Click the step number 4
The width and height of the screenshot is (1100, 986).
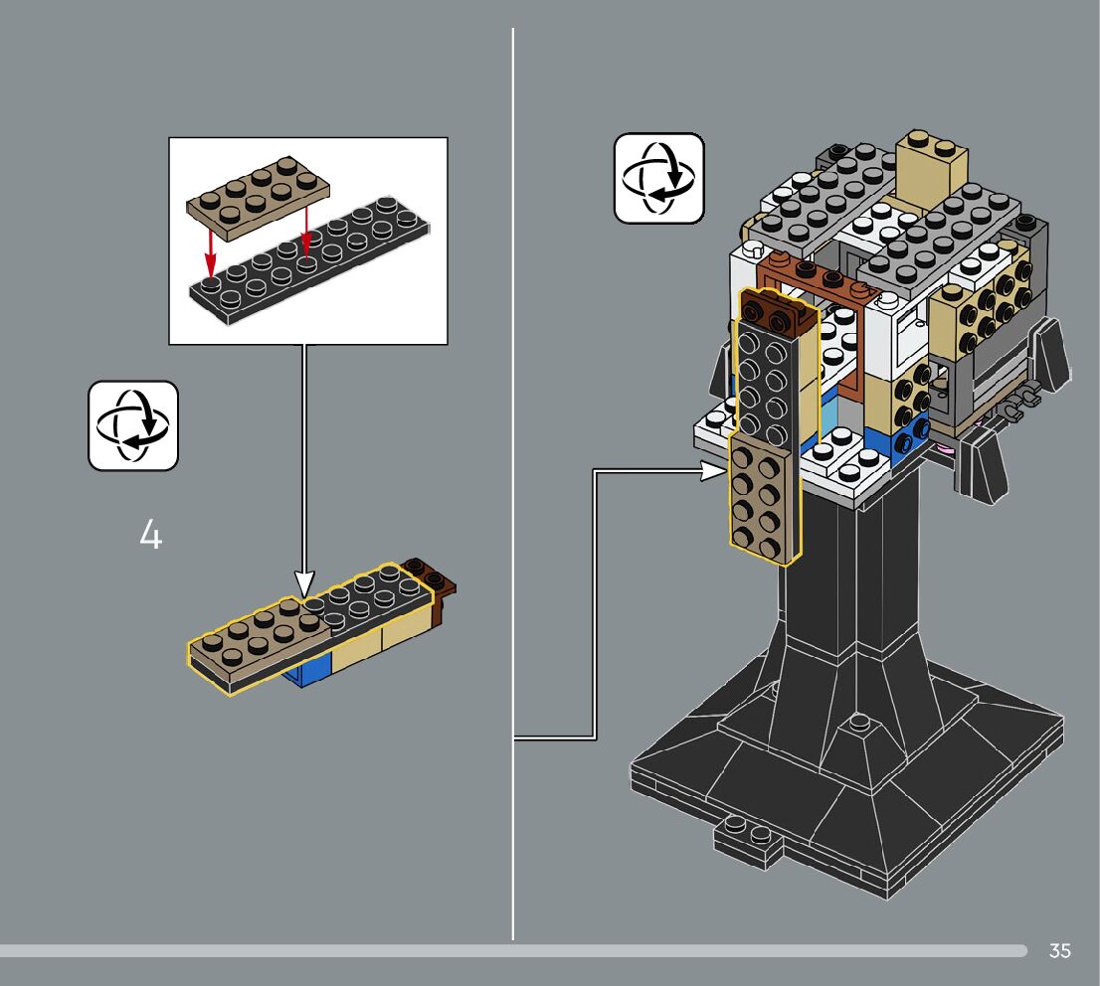(x=150, y=536)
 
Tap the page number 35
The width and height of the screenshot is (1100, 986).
(x=1060, y=951)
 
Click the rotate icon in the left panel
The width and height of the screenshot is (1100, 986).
(x=133, y=424)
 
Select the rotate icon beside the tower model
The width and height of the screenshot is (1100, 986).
(x=658, y=178)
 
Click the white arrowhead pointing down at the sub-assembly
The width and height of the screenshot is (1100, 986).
(x=304, y=583)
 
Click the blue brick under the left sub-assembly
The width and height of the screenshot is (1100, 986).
(x=306, y=677)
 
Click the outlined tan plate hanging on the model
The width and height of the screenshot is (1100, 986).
(x=764, y=497)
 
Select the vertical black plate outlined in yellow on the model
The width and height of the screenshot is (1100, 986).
(x=763, y=373)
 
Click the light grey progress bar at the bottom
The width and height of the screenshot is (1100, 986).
(x=497, y=950)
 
